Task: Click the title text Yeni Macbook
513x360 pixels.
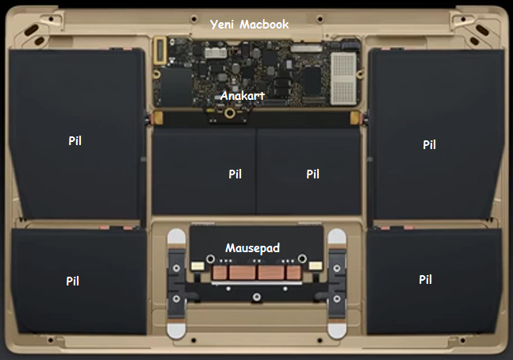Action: tap(249, 25)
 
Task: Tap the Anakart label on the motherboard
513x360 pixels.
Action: tap(243, 96)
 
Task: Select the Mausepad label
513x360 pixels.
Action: tap(253, 248)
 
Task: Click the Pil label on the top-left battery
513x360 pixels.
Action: tap(75, 140)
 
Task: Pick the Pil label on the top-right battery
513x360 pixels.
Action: tap(429, 144)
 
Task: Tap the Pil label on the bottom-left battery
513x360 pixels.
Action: tap(73, 281)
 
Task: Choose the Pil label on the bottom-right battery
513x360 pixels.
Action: tap(425, 279)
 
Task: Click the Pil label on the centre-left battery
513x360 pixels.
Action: tap(235, 174)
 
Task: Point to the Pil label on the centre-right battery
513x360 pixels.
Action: tap(312, 174)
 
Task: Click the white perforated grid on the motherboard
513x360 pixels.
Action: tap(343, 79)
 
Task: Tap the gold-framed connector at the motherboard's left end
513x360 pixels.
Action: tap(160, 50)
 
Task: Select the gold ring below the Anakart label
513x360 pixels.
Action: tap(230, 113)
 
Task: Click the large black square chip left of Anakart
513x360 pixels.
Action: tap(176, 86)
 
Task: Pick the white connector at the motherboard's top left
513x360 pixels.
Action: tap(216, 52)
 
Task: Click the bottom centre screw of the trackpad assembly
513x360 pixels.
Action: tap(257, 297)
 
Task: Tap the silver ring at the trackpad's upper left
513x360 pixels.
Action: tap(210, 259)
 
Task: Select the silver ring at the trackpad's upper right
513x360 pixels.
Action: tap(302, 259)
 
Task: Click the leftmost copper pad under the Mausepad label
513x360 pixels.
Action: tap(220, 272)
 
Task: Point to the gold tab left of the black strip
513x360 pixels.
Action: tap(158, 117)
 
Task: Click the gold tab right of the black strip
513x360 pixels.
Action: tap(355, 117)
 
